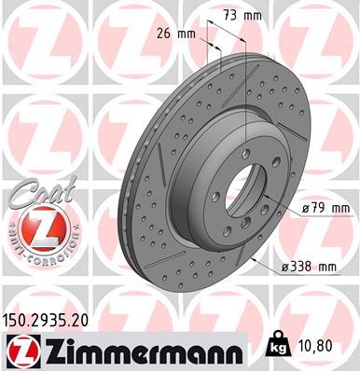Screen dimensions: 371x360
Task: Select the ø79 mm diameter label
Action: click(325, 208)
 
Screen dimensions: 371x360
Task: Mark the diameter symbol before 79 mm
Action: click(306, 208)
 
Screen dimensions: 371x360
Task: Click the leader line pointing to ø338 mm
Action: click(266, 256)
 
